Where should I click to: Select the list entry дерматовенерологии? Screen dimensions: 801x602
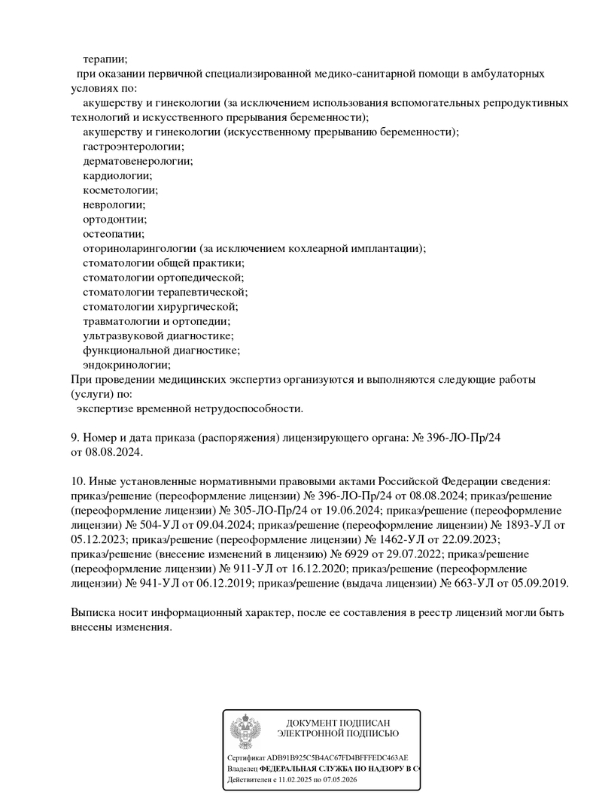coord(137,161)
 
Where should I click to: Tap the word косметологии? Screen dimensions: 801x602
coord(120,190)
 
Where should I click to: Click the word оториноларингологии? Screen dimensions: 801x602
coord(139,248)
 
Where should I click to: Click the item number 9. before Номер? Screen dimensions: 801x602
coord(75,438)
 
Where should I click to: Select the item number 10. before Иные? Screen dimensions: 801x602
coord(78,481)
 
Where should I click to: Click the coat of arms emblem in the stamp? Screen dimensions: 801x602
coord(245,732)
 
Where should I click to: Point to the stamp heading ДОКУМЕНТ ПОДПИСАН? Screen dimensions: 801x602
coord(338,723)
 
